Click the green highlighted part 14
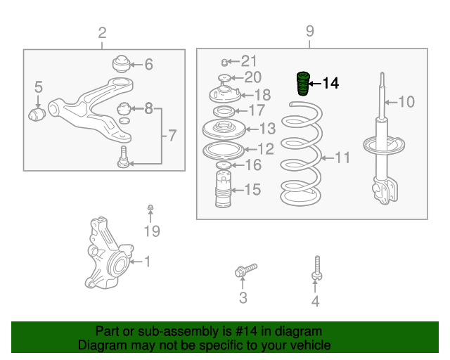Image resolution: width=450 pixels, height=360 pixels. (x=303, y=84)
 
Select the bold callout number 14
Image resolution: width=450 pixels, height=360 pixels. (x=330, y=83)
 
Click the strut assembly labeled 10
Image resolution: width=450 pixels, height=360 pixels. (x=384, y=139)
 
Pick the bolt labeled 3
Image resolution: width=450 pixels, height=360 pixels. (x=245, y=270)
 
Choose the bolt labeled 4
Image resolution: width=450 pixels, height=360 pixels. (x=317, y=269)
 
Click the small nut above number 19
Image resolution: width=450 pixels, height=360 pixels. (x=150, y=207)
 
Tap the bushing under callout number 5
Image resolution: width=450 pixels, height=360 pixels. (x=37, y=115)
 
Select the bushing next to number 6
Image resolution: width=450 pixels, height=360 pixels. (x=121, y=64)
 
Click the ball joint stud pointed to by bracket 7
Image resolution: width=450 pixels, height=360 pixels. (x=124, y=157)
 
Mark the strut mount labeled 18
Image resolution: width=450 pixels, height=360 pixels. (x=225, y=94)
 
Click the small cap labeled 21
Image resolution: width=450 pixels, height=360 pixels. (x=224, y=62)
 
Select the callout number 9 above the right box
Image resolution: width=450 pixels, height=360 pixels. (x=309, y=31)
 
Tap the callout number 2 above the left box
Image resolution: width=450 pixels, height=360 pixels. (x=102, y=33)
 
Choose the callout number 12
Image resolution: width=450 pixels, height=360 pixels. (x=266, y=149)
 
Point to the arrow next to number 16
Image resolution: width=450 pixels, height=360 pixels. (x=238, y=165)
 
